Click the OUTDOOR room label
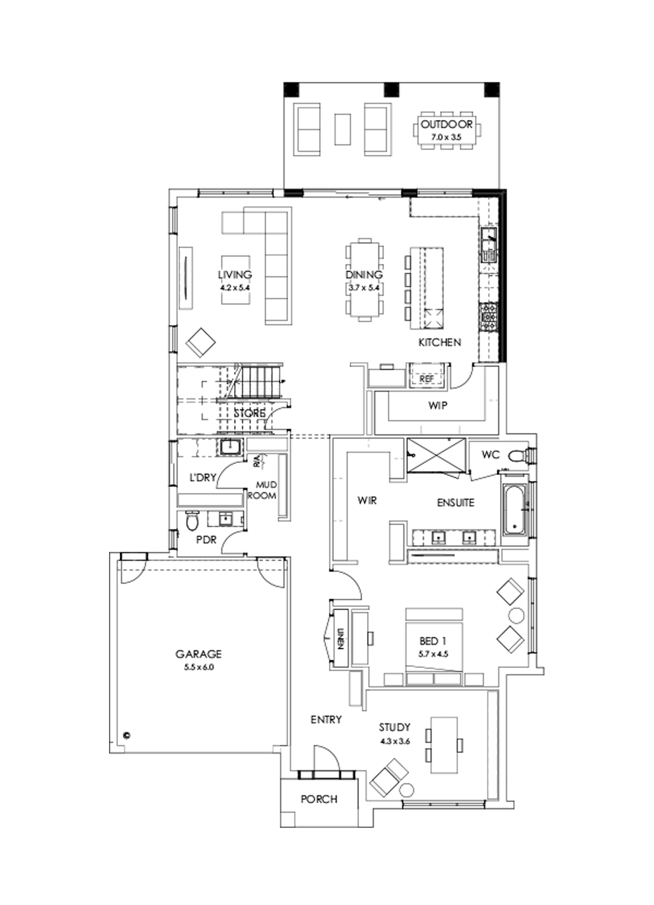446,126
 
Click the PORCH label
319,800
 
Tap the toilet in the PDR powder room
192,521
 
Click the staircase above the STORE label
258,381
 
